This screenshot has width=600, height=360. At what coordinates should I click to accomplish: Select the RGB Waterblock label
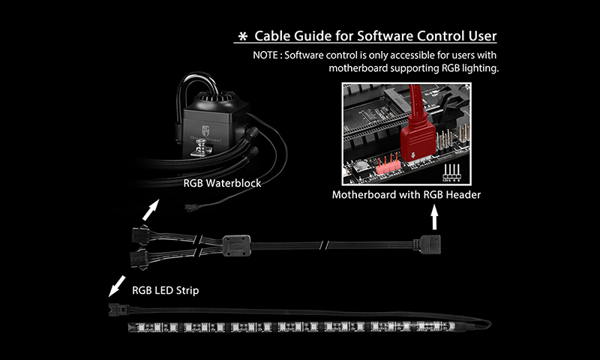[223, 182]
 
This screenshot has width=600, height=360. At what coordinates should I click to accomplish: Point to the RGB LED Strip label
[167, 288]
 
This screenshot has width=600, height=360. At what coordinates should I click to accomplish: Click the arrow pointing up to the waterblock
[152, 208]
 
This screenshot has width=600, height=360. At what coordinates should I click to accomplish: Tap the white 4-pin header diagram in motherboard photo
[454, 169]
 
